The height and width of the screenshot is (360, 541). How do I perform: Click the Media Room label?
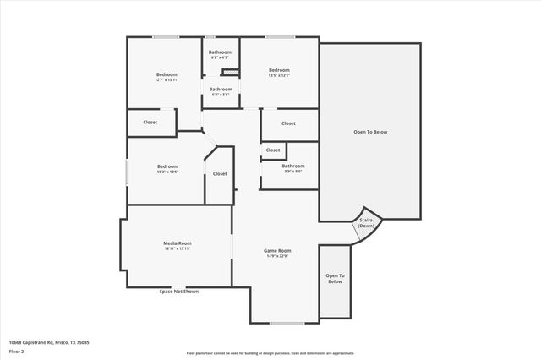coord(178,243)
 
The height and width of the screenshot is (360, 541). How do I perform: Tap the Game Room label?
coord(277,250)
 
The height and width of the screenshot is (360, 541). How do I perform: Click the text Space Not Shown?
coord(179,292)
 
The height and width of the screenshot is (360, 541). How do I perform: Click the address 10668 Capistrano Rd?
coord(49,342)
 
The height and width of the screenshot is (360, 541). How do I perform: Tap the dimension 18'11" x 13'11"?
coord(178,249)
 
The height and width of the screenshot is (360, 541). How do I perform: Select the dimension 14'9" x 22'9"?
coord(277,256)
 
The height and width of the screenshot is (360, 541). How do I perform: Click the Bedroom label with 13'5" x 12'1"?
coord(279,69)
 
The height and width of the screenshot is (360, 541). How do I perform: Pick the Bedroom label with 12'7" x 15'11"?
coord(167,74)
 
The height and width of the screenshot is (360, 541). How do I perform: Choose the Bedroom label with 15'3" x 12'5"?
coord(167,166)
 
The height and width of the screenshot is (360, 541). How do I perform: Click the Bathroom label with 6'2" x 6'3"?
coord(221,52)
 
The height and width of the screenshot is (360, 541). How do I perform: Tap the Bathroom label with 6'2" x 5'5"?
coord(221,89)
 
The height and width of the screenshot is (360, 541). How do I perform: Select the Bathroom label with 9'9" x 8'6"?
coord(293,166)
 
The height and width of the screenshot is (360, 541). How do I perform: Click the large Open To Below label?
coord(370,132)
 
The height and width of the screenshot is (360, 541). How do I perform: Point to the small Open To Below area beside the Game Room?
coord(336,279)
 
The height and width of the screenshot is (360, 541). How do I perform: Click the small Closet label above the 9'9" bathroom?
coord(273,150)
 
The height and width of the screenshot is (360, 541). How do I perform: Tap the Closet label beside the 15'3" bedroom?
coord(220,173)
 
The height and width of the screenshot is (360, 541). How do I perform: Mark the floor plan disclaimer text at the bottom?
coord(270,353)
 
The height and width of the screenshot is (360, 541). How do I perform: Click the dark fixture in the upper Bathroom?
coord(226,71)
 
